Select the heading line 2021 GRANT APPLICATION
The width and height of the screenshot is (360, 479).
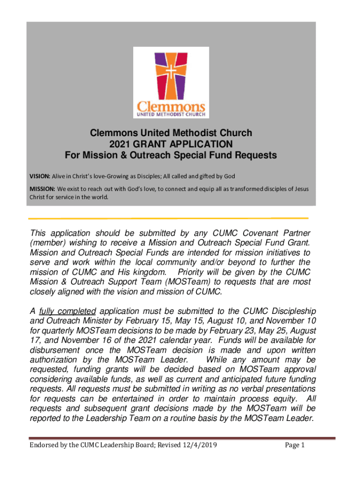(x=171, y=144)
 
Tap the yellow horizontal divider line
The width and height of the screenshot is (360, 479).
(x=168, y=218)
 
